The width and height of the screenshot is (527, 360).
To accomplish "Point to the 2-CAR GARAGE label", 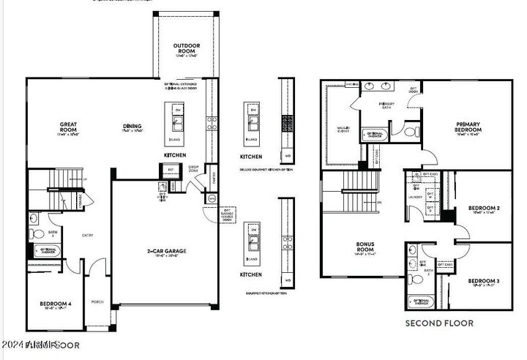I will coord(167,251).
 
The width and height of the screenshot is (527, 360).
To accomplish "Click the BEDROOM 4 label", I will coord(56,304).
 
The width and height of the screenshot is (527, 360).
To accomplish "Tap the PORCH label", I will coord(97,301).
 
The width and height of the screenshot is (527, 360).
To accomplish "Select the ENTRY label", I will coord(88,235).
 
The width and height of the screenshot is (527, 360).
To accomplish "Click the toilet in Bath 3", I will coord(33,234).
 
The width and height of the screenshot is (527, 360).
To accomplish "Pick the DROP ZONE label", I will coord(193,169).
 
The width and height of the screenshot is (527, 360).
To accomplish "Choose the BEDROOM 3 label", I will coord(484,281).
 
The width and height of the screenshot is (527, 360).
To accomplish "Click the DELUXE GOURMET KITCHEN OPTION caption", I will coord(266,170).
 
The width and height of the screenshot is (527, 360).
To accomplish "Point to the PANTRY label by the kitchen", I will coord(212,178).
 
